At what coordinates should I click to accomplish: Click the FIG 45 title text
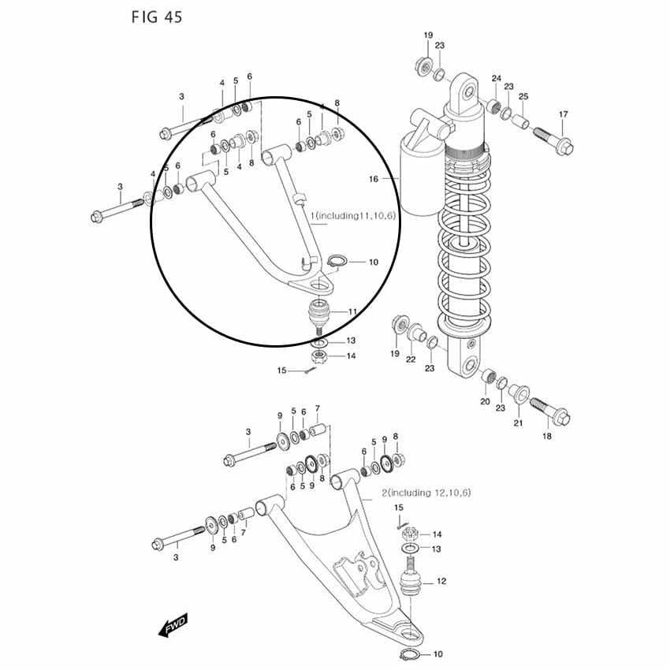pos(156,17)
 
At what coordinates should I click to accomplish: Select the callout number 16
pos(374,179)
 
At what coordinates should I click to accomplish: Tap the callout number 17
pos(563,114)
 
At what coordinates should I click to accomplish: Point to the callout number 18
pos(547,436)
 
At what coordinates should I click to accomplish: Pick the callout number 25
pos(523,96)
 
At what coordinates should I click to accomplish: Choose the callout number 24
pos(496,78)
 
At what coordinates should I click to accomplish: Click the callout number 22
pos(411,359)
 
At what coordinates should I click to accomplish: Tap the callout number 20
pos(485,401)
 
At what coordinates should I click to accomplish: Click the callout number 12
pos(441,581)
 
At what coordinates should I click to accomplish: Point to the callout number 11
pos(352,312)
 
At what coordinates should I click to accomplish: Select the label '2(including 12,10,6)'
pos(426,493)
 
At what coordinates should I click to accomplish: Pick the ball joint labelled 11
pos(321,315)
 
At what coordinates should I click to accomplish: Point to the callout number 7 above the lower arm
pos(317,408)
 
